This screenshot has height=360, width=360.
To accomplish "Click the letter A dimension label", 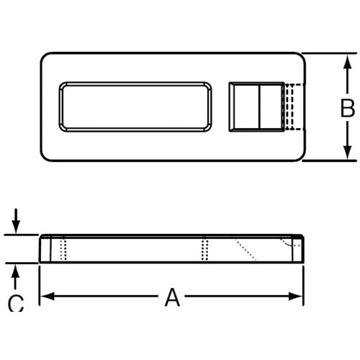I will (x=171, y=296).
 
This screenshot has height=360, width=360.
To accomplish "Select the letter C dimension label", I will (x=15, y=305).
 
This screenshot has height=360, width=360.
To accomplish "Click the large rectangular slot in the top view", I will (x=137, y=107).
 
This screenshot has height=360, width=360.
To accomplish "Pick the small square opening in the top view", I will (x=256, y=107).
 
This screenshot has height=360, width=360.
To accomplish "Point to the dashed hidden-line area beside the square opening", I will (x=291, y=107).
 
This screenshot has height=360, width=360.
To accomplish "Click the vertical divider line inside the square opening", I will (x=257, y=107).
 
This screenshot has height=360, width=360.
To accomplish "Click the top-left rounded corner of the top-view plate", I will (x=45, y=58).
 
